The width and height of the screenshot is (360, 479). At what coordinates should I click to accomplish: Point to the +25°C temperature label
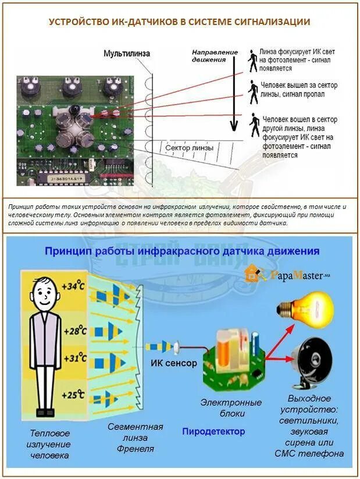[x=73, y=395]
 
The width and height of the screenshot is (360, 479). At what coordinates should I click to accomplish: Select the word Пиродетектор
[x=213, y=432]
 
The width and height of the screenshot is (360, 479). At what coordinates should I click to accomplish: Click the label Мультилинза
[x=127, y=54]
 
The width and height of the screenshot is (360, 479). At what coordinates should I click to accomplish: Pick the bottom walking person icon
[x=254, y=126]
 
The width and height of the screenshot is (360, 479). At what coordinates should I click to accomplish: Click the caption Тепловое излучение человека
[x=50, y=444]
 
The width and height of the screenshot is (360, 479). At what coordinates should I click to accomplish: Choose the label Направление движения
[x=215, y=56]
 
